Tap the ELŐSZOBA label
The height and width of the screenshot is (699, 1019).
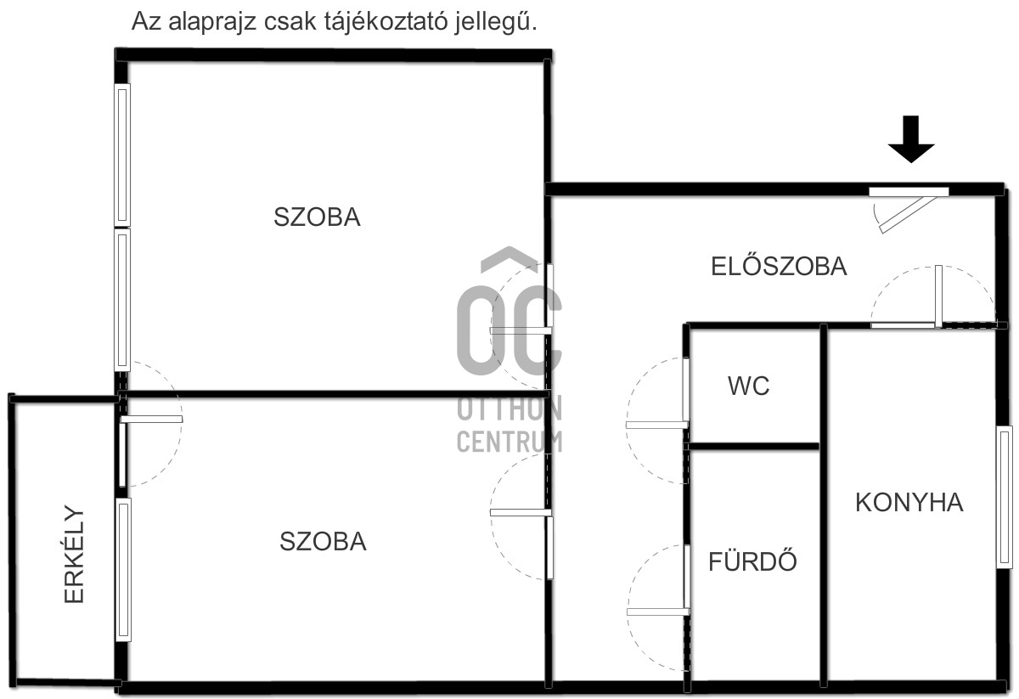point(779,267)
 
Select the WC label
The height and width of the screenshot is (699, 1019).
point(748,386)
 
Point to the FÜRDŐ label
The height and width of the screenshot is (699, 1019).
point(752,561)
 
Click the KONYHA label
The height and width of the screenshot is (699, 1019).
point(909,503)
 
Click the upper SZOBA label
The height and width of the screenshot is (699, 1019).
point(317,217)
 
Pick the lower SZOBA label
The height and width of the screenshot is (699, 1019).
point(323,542)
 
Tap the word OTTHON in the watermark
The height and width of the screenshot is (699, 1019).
point(509,409)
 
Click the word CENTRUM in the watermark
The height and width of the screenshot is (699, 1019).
point(509,442)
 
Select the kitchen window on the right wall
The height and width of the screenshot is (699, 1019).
point(1005,497)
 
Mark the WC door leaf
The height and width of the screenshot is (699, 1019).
point(656,425)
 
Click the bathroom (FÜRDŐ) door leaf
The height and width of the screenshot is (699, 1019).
point(657,612)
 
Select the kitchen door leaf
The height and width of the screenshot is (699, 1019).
point(938,296)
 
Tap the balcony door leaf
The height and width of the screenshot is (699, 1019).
point(151,419)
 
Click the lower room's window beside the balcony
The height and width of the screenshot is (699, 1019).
point(124,569)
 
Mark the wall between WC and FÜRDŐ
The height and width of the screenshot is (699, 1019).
point(752,446)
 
